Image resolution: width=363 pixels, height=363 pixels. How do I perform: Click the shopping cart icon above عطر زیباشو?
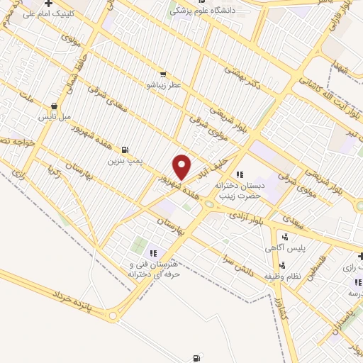pos(163,74)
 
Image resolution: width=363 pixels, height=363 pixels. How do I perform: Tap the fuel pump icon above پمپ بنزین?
pos(125,150)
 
